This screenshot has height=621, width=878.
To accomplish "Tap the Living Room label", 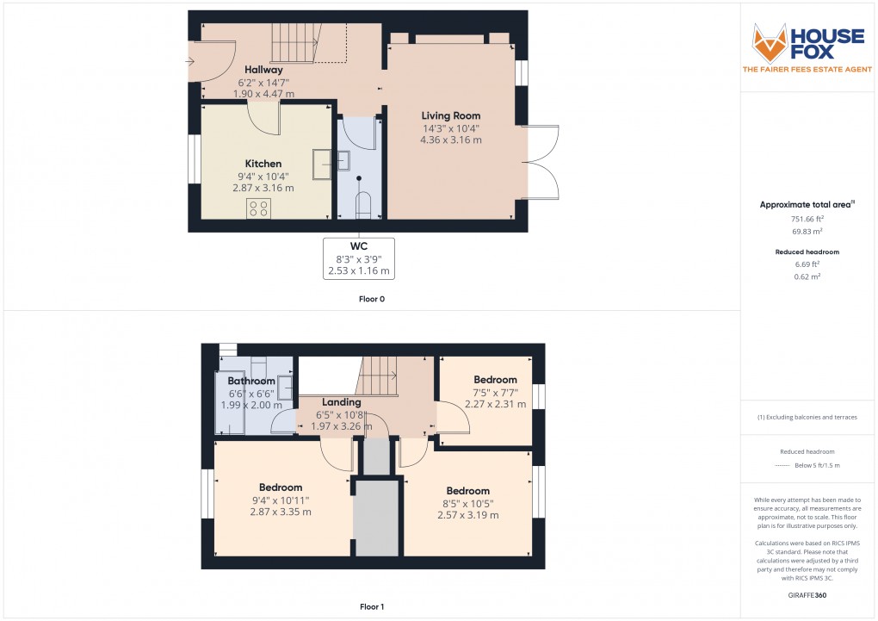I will click(450, 115).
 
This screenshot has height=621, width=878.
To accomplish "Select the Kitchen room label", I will click(263, 164).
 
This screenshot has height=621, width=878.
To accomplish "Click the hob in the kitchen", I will click(259, 208).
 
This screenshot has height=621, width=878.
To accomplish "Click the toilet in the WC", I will click(362, 204).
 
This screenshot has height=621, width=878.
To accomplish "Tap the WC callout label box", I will click(358, 258).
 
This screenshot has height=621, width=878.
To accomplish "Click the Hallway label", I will click(263, 70).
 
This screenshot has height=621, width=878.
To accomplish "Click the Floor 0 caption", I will click(372, 299).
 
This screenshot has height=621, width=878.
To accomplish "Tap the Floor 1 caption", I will click(372, 606).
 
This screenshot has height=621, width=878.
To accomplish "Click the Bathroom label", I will click(251, 381).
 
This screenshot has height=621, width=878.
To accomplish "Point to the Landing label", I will click(341, 402).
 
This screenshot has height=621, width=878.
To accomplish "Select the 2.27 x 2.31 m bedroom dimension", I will click(495, 404).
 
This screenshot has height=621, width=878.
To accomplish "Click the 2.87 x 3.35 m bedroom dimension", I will click(281, 512).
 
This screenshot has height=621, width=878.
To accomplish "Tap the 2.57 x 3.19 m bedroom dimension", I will click(468, 515).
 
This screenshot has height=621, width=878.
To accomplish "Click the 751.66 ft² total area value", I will click(808, 219).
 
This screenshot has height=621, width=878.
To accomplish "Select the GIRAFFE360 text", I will click(808, 594).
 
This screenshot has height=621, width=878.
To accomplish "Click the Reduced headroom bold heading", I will click(808, 252).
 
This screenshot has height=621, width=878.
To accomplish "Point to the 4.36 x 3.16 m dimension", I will click(450, 140).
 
